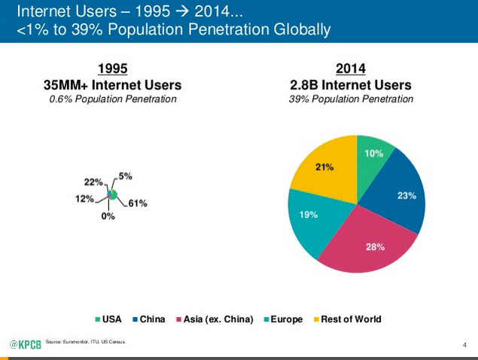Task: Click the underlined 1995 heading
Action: click(112, 69)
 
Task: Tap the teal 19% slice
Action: click(311, 218)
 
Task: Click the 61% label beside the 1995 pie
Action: click(137, 203)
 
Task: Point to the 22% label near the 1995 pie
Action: click(93, 182)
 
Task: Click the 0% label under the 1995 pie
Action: click(108, 216)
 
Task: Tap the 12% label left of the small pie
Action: click(85, 199)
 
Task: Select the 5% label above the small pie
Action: click(124, 176)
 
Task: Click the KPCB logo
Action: click(24, 344)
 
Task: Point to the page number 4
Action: click(464, 345)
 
